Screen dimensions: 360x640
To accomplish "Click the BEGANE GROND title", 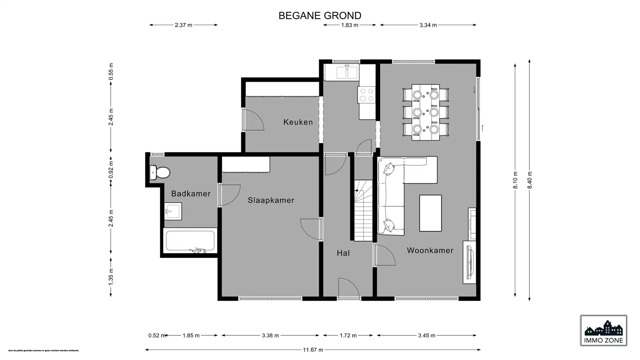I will coord(320,16).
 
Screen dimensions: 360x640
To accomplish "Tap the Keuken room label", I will coord(298,122).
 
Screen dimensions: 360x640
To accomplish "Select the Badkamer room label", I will coord(191,194).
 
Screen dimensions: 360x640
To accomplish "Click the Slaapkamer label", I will coord(271,200).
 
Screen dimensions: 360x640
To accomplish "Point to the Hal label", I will coord(343,253).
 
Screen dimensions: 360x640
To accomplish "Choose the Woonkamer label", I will coord(430,250).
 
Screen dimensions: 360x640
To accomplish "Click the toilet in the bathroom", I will coord(160,172).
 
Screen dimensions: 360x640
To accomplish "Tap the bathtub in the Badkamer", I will coord(190,241).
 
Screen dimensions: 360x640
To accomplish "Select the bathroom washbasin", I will coord(173,211).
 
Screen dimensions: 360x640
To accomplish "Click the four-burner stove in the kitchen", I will coord(367,95).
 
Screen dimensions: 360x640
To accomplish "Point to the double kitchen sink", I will coord(347,72).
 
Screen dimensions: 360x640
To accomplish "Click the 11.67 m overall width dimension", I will coord(313,350).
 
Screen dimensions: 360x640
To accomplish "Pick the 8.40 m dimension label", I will coord(530,180).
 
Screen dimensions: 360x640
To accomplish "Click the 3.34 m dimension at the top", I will coord(428,25).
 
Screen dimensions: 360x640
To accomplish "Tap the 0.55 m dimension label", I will coord(111,72).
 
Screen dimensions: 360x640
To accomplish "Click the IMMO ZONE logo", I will coord(603,331).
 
